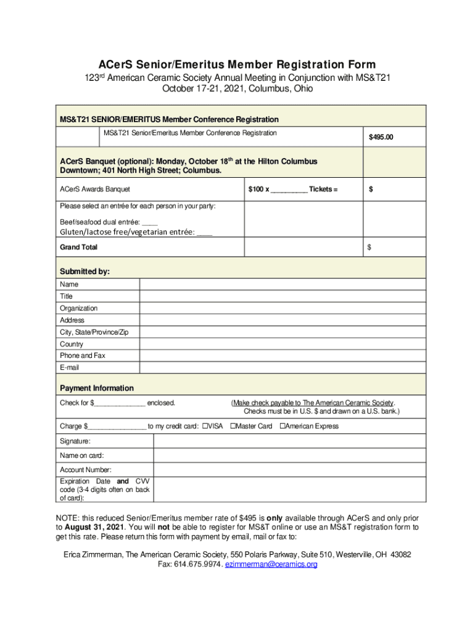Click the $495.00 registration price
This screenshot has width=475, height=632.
tap(381, 137)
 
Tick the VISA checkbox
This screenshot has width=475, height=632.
tap(205, 426)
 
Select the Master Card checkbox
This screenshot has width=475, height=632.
tap(233, 426)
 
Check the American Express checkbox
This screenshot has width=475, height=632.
tap(283, 426)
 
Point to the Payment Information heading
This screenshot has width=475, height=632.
tap(96, 388)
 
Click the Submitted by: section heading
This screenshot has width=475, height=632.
tap(85, 272)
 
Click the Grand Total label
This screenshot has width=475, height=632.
tap(78, 247)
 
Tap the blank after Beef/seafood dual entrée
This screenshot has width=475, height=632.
tap(149, 222)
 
